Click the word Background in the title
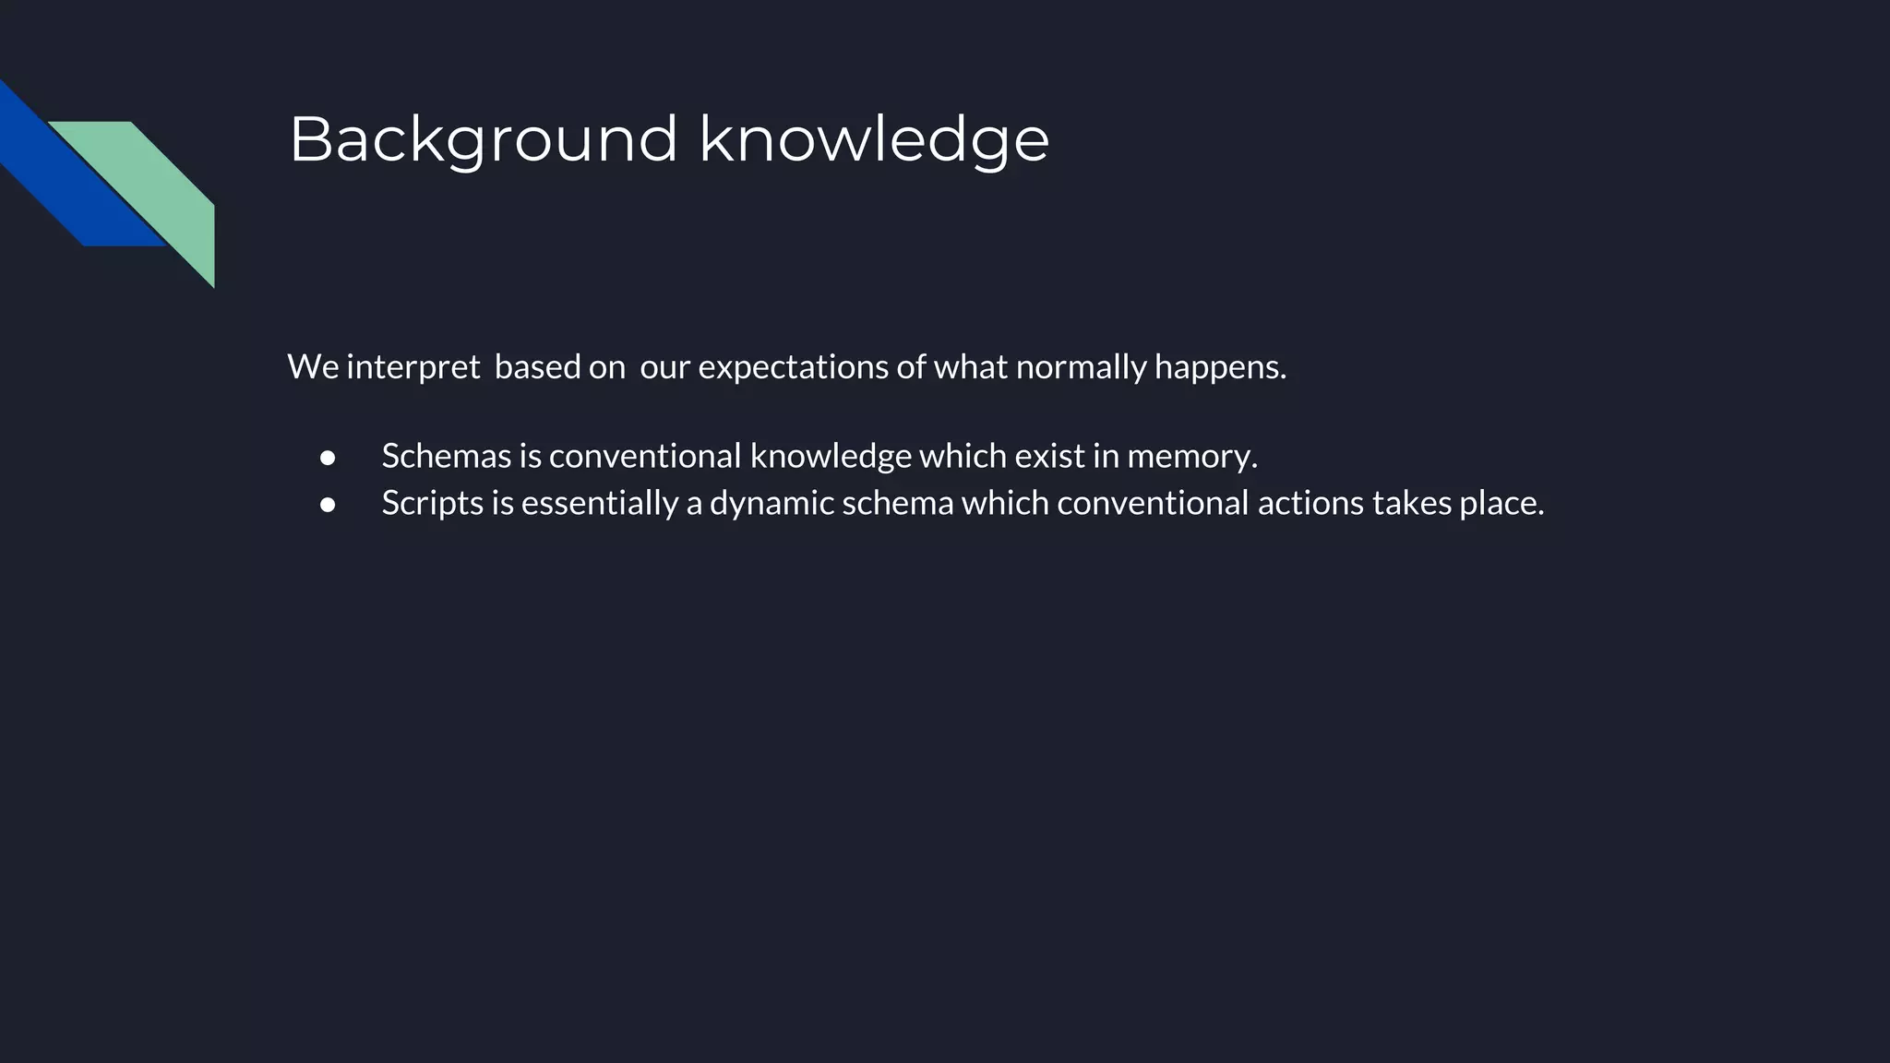(x=484, y=140)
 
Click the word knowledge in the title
(x=874, y=140)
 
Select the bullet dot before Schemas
(x=328, y=458)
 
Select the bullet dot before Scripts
(x=328, y=505)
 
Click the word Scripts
(x=432, y=503)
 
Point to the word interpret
(x=413, y=367)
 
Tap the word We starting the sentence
(x=313, y=367)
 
